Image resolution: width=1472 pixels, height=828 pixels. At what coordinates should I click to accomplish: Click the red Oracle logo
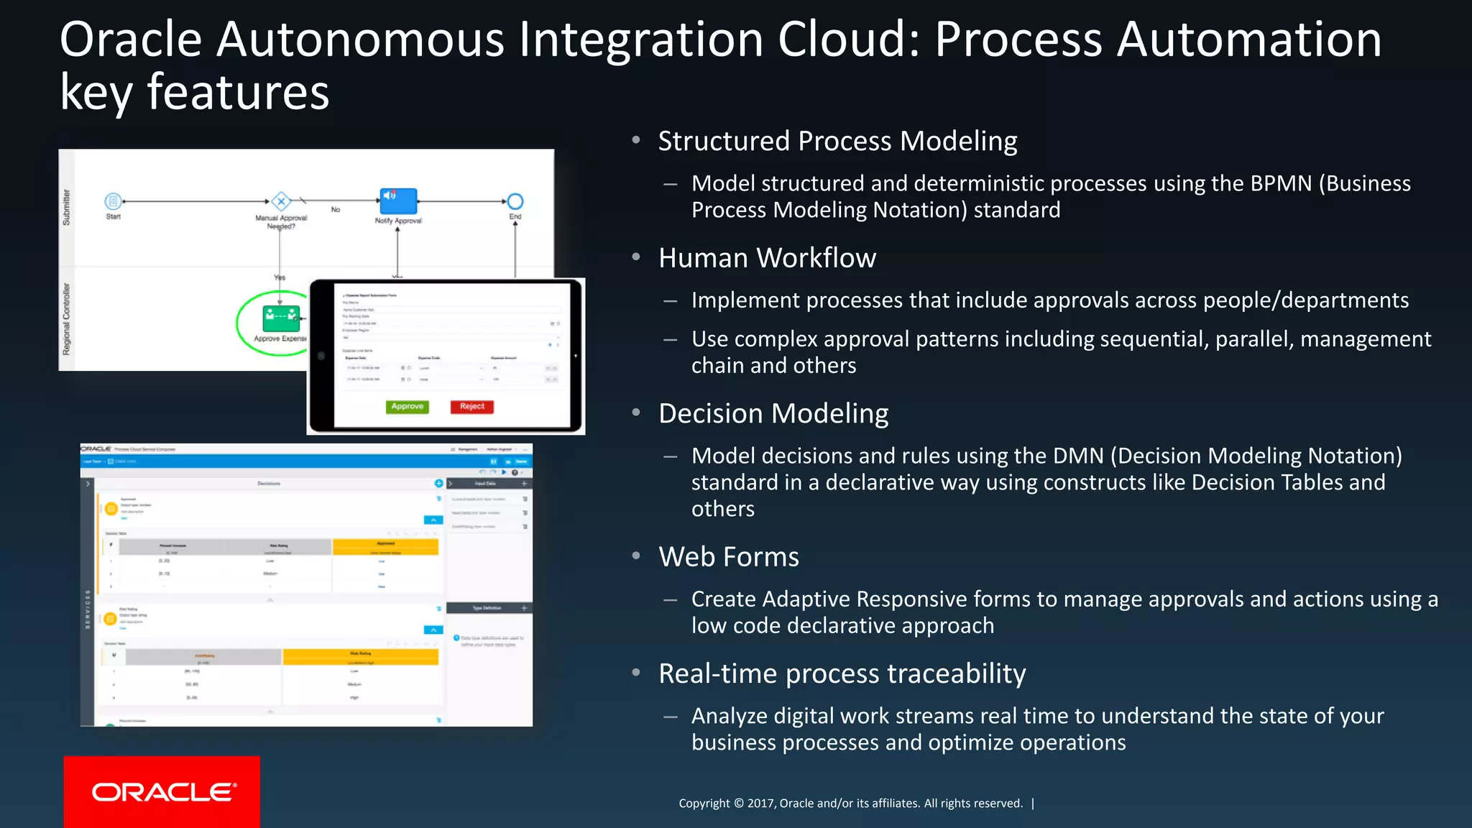[x=162, y=791]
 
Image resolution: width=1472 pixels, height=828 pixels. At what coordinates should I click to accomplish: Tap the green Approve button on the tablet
[x=407, y=407]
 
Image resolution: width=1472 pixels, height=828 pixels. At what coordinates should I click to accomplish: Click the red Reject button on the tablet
[x=471, y=407]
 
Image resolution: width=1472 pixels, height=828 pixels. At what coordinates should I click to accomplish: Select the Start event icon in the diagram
[x=113, y=201]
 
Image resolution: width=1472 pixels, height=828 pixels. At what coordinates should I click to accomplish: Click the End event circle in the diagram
[x=515, y=201]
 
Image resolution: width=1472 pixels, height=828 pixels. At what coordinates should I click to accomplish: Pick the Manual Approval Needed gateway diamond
[x=281, y=201]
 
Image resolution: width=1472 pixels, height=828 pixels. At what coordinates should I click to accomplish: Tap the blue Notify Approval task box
[x=397, y=201]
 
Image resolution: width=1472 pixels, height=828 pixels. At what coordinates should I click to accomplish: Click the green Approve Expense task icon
[x=280, y=316]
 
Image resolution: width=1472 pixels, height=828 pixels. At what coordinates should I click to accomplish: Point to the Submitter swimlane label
[x=67, y=208]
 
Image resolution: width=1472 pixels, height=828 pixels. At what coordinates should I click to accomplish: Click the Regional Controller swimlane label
[x=67, y=318]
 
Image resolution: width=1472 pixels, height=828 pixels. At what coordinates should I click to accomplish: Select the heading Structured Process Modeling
[x=837, y=142]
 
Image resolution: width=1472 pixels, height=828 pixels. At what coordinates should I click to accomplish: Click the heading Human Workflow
[x=767, y=258]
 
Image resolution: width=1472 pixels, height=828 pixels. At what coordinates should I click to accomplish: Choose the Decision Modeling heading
[x=773, y=414]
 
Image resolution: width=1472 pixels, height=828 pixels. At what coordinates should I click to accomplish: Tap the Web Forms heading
[x=728, y=557]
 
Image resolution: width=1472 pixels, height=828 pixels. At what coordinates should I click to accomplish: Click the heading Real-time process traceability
[x=842, y=674]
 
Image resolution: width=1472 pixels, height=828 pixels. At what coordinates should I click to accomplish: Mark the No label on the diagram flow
[x=336, y=210]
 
